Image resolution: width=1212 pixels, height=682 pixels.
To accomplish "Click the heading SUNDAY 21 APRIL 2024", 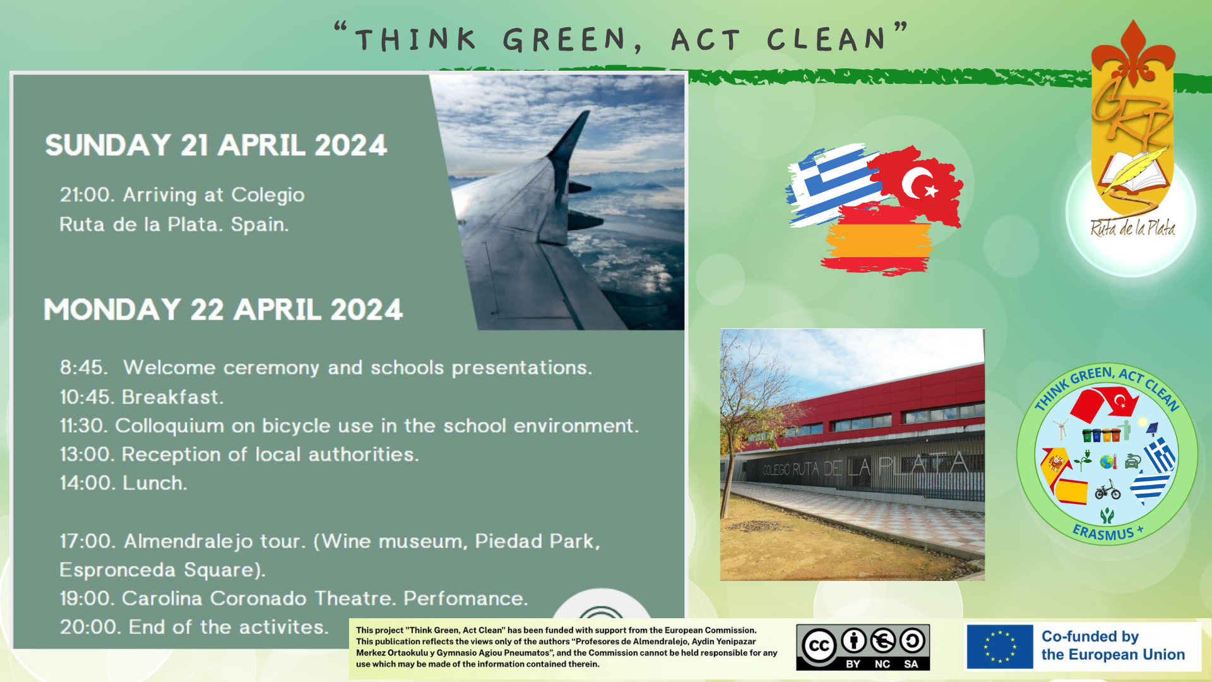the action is (x=216, y=145).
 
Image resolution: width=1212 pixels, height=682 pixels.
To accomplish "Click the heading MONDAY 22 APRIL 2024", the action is (x=223, y=309).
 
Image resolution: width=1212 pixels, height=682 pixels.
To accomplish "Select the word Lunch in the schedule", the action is (x=155, y=483).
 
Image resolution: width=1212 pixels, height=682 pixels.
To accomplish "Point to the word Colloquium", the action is (x=169, y=426).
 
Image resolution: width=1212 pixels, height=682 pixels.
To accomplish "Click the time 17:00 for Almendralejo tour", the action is (x=86, y=541).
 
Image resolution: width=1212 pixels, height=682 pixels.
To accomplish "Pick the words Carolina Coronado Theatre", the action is (x=259, y=598).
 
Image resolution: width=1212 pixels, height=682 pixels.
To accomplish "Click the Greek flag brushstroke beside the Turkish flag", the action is (x=833, y=184).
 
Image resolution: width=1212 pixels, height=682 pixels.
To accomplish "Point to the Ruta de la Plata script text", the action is (x=1133, y=227).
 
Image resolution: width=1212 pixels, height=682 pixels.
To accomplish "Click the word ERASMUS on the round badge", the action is (x=1103, y=532).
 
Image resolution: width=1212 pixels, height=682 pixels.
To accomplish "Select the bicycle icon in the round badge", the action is (x=1107, y=489).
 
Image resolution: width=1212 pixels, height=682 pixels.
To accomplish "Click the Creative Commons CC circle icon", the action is (x=819, y=646).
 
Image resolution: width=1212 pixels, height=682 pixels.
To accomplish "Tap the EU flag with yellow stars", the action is (x=1000, y=647).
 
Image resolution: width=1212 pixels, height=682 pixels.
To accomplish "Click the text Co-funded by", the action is (x=1090, y=637).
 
